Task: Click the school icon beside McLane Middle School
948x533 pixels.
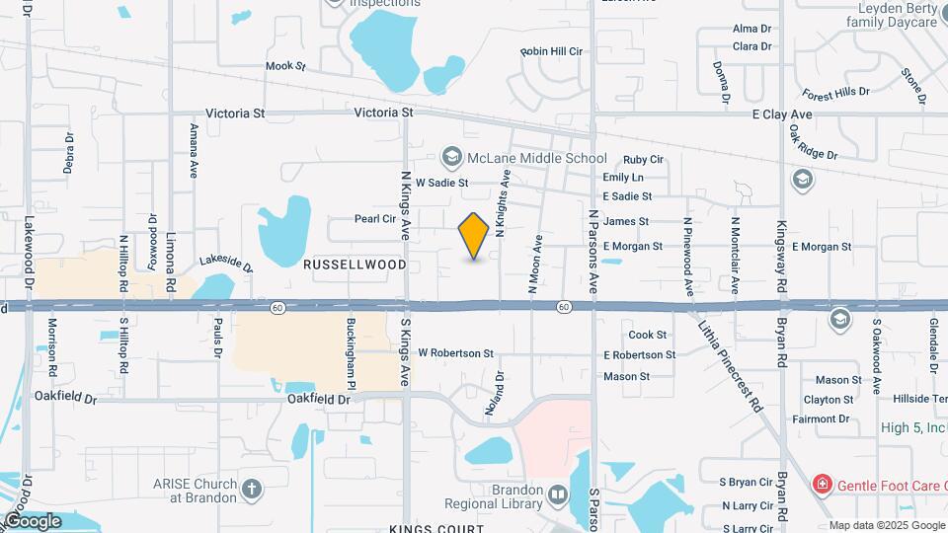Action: click(x=452, y=158)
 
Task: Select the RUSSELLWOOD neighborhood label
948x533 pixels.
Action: click(x=355, y=266)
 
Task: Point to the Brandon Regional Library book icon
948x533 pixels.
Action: click(x=558, y=493)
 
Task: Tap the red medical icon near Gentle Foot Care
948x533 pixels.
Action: click(x=821, y=484)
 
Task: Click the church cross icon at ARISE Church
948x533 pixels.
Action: click(x=252, y=489)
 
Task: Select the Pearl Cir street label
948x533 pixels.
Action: click(x=375, y=219)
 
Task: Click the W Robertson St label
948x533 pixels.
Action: click(x=455, y=352)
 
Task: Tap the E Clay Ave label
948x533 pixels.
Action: click(x=781, y=115)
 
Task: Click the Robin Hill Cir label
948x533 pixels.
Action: click(x=552, y=50)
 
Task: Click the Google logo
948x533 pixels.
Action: click(x=33, y=520)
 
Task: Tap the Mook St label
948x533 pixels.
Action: click(x=286, y=66)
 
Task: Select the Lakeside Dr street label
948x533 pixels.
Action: click(x=226, y=263)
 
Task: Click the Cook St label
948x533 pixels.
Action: click(x=648, y=336)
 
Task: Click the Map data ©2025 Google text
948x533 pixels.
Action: click(x=886, y=525)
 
